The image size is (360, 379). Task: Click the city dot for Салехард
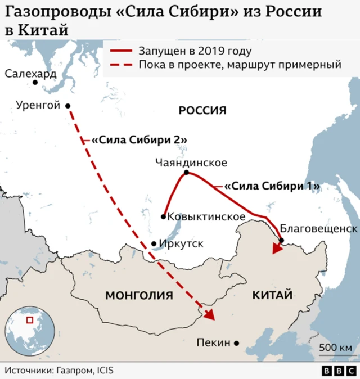coord(35,83)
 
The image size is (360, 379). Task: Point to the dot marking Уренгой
coord(67,106)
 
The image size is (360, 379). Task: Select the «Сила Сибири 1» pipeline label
coord(272,186)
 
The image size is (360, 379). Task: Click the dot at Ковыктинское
coord(163,216)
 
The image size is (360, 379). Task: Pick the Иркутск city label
coord(181,244)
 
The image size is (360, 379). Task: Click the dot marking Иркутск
coord(154,244)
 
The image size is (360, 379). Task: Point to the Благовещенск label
coord(318,229)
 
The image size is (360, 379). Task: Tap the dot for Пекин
coord(237,342)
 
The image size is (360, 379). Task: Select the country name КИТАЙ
coord(272,295)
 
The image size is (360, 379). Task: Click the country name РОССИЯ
coord(202,110)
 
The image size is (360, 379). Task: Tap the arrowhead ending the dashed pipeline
coord(209,314)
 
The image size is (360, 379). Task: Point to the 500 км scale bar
coord(336,355)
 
